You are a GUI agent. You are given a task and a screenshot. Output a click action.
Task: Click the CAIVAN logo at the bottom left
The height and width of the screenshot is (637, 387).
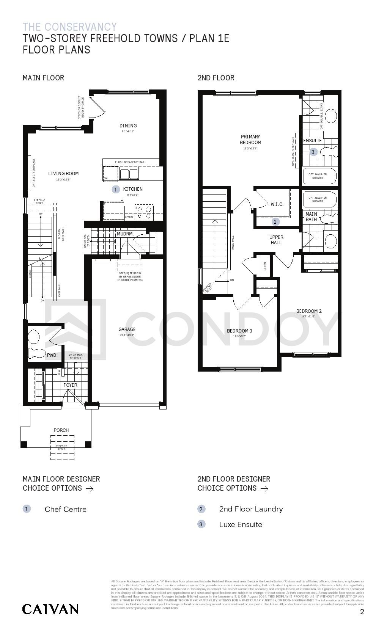pos(50,609)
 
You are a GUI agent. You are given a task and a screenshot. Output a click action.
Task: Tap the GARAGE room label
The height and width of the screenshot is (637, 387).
pos(127,329)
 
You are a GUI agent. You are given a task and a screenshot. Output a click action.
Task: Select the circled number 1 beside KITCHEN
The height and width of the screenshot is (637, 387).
pos(116,189)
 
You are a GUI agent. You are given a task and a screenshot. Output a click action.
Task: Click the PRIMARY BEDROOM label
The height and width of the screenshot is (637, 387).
pos(250,140)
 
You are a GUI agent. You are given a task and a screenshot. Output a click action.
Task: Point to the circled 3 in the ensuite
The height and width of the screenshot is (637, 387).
pos(313,152)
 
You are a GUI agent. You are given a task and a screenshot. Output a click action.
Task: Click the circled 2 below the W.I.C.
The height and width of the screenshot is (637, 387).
pos(275,222)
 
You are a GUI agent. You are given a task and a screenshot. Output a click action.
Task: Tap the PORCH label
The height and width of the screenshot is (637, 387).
pos(61,430)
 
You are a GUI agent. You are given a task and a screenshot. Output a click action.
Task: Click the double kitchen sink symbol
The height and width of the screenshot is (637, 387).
pos(129,174)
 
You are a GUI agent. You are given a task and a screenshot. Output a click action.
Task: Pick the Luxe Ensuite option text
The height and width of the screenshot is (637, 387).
pos(241,524)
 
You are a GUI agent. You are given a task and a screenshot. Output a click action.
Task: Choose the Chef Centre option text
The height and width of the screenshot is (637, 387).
pos(65,509)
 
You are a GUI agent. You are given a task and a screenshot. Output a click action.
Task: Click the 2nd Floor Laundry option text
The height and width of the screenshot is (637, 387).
pos(251,509)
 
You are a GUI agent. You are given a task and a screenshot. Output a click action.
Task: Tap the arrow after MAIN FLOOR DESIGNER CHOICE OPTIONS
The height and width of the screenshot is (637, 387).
pos(90,488)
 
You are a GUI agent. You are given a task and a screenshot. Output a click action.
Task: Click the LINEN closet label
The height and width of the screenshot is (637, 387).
pos(265,266)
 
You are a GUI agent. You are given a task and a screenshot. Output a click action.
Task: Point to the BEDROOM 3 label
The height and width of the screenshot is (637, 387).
pos(239,331)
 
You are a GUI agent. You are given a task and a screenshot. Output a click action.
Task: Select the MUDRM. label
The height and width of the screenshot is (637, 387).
pos(125,234)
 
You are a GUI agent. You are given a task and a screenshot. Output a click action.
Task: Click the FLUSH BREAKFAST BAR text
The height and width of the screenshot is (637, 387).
pos(130,162)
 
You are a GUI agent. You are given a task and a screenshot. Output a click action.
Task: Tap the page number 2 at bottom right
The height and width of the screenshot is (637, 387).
pos(362,612)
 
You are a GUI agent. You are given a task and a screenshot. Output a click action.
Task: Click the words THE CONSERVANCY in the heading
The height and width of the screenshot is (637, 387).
pos(70,27)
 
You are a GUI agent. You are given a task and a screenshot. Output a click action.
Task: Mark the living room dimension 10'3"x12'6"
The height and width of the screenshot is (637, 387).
pos(63,179)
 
